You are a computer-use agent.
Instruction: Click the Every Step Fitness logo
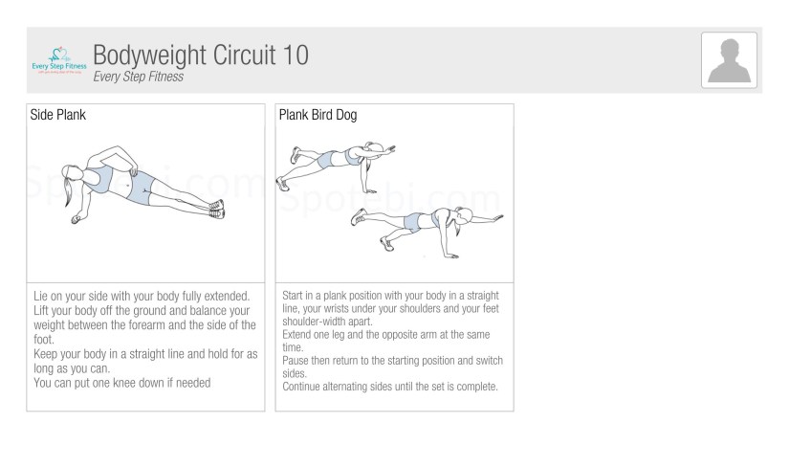[59, 61]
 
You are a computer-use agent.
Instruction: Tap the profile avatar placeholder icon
[729, 60]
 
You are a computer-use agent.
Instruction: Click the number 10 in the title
[296, 55]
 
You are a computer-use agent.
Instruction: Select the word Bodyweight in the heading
[149, 56]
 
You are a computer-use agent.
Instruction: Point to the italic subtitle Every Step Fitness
[139, 77]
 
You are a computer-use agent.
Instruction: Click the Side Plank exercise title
[58, 115]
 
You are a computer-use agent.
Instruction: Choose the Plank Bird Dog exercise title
[318, 115]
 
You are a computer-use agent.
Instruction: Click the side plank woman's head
[72, 173]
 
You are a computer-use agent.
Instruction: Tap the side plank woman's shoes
[217, 209]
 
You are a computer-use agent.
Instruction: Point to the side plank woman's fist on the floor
[76, 219]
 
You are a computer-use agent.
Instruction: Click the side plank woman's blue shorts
[141, 188]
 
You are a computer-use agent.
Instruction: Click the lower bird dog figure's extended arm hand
[497, 217]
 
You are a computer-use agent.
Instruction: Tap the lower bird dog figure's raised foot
[359, 216]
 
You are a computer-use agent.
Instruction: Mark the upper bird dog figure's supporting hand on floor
[370, 191]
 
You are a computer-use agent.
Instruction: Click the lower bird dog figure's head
[463, 215]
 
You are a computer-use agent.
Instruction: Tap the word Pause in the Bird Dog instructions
[296, 361]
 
